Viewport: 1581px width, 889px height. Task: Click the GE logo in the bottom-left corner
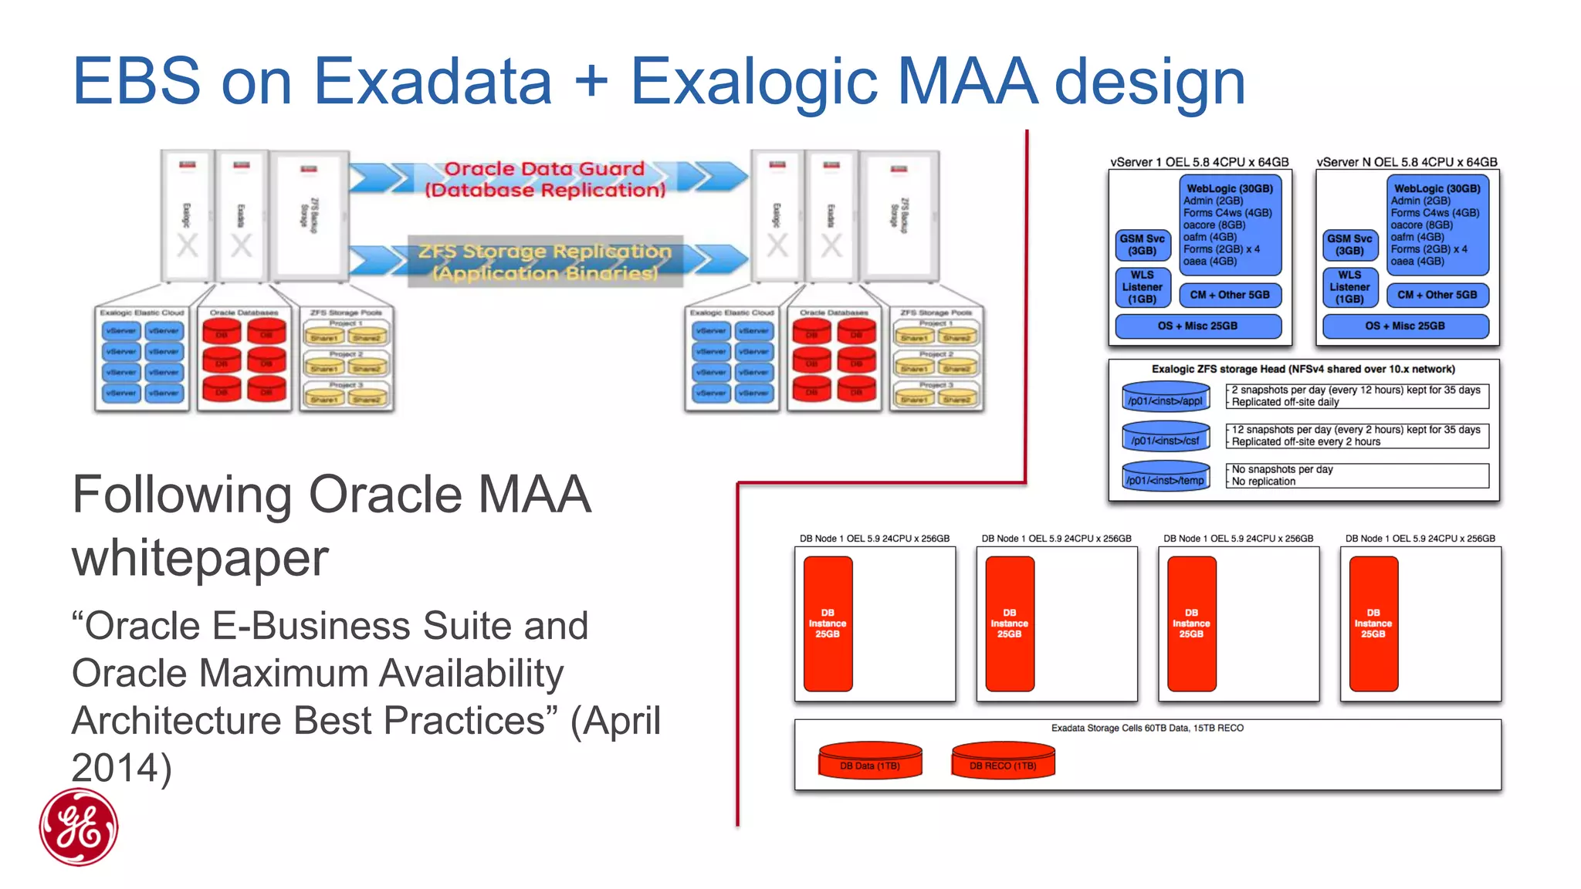click(x=79, y=826)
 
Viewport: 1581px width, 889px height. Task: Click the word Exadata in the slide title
click(x=433, y=81)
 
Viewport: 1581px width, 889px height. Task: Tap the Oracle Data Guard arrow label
click(x=544, y=179)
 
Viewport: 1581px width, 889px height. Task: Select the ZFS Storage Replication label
click(x=545, y=262)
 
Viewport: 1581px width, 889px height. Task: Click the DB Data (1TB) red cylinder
click(x=870, y=761)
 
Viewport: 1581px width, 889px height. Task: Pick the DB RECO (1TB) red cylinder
click(x=1003, y=761)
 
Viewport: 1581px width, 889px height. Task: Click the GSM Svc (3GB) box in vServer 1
click(x=1142, y=245)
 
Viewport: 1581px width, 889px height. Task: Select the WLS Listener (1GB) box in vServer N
click(x=1349, y=287)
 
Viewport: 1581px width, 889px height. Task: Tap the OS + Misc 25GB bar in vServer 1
click(x=1197, y=326)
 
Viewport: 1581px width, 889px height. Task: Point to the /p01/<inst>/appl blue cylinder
click(x=1165, y=397)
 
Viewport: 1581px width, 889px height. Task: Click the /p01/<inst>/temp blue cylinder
click(x=1165, y=476)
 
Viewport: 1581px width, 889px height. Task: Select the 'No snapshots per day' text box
click(x=1356, y=475)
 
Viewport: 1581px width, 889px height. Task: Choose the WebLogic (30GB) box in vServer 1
click(x=1230, y=225)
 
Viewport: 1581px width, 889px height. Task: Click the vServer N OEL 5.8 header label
click(x=1407, y=162)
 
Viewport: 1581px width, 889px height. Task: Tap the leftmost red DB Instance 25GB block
click(x=828, y=624)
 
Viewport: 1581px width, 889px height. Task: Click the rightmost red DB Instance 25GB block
click(x=1373, y=624)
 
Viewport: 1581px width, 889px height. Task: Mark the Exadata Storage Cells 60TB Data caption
click(x=1147, y=728)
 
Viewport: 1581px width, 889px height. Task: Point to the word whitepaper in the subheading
click(x=200, y=558)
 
